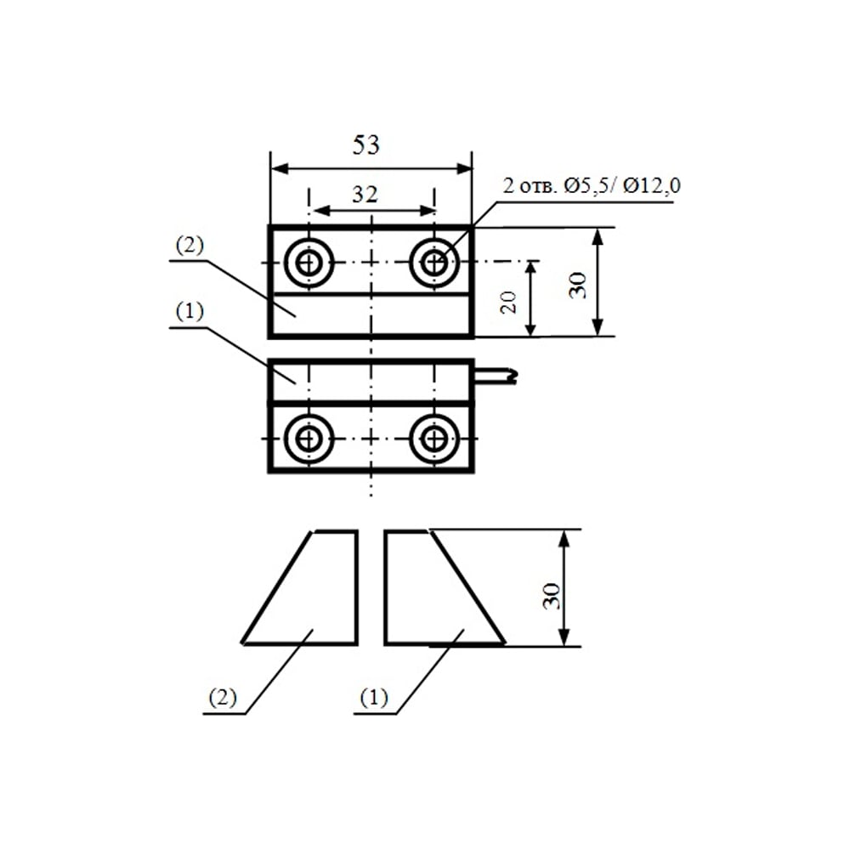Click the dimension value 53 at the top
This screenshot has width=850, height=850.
[365, 145]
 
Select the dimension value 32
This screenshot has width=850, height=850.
[365, 194]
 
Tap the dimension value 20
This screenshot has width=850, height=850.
[508, 302]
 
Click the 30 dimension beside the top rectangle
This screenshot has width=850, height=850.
[577, 285]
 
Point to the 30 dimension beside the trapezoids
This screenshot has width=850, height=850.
[552, 596]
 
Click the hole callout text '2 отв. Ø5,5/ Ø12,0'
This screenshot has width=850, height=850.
[592, 186]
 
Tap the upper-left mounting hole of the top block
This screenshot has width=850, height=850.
[309, 263]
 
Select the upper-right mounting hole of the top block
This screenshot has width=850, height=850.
[434, 263]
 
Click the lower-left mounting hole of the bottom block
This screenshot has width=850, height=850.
[309, 439]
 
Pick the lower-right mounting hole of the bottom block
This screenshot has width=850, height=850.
[434, 439]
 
